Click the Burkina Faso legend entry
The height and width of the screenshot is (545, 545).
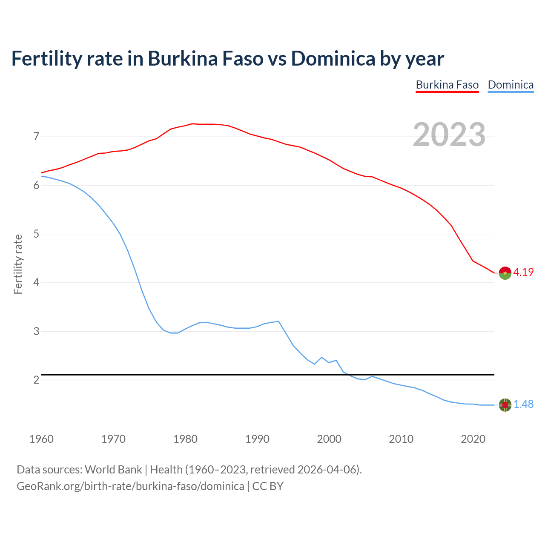click(447, 85)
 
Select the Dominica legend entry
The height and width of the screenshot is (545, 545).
click(511, 85)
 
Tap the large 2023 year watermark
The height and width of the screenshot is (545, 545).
click(449, 135)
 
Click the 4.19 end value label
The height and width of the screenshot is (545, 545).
click(523, 272)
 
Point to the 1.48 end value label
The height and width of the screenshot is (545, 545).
click(523, 404)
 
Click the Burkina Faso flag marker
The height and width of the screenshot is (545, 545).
click(505, 273)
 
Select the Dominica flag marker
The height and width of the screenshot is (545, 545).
click(505, 405)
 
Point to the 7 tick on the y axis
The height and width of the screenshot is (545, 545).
click(36, 137)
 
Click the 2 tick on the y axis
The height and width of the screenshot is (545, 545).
click(36, 380)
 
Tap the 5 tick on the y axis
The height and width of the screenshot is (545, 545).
click(36, 234)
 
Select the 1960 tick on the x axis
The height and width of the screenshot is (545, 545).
click(41, 439)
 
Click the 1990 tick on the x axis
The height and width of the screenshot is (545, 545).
click(257, 439)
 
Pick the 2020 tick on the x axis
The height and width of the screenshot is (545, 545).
click(473, 439)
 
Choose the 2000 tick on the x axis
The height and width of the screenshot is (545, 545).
click(329, 439)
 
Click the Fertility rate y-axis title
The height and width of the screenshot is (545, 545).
click(18, 264)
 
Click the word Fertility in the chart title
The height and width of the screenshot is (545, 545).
click(46, 58)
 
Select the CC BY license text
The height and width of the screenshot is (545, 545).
click(268, 486)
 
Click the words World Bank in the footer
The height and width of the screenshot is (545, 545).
click(113, 470)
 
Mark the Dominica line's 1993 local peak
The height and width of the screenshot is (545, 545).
click(278, 321)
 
